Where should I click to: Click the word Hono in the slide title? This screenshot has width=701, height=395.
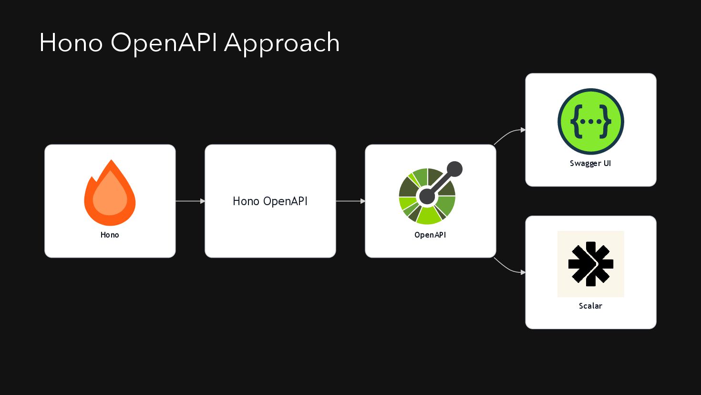click(x=71, y=43)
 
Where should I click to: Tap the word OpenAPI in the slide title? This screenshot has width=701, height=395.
click(x=164, y=43)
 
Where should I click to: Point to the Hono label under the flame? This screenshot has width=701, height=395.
click(x=110, y=235)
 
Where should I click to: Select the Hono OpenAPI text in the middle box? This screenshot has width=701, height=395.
click(x=270, y=201)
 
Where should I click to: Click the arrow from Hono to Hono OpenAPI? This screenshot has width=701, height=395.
click(x=190, y=201)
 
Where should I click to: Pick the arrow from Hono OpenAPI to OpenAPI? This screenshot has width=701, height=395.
click(x=350, y=201)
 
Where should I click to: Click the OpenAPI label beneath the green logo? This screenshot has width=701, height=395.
click(x=430, y=235)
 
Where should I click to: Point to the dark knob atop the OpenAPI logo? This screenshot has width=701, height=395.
click(x=454, y=169)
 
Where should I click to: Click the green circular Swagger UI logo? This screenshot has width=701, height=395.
click(x=590, y=121)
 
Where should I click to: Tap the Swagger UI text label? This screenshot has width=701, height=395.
click(x=590, y=163)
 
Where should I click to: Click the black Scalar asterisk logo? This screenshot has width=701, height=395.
click(x=590, y=264)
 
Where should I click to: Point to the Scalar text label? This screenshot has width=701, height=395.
click(x=590, y=306)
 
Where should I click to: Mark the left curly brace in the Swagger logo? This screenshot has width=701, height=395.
click(x=576, y=121)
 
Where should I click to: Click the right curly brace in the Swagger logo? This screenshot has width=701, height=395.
click(x=606, y=121)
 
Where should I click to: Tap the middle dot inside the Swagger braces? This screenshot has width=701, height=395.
click(x=591, y=122)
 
